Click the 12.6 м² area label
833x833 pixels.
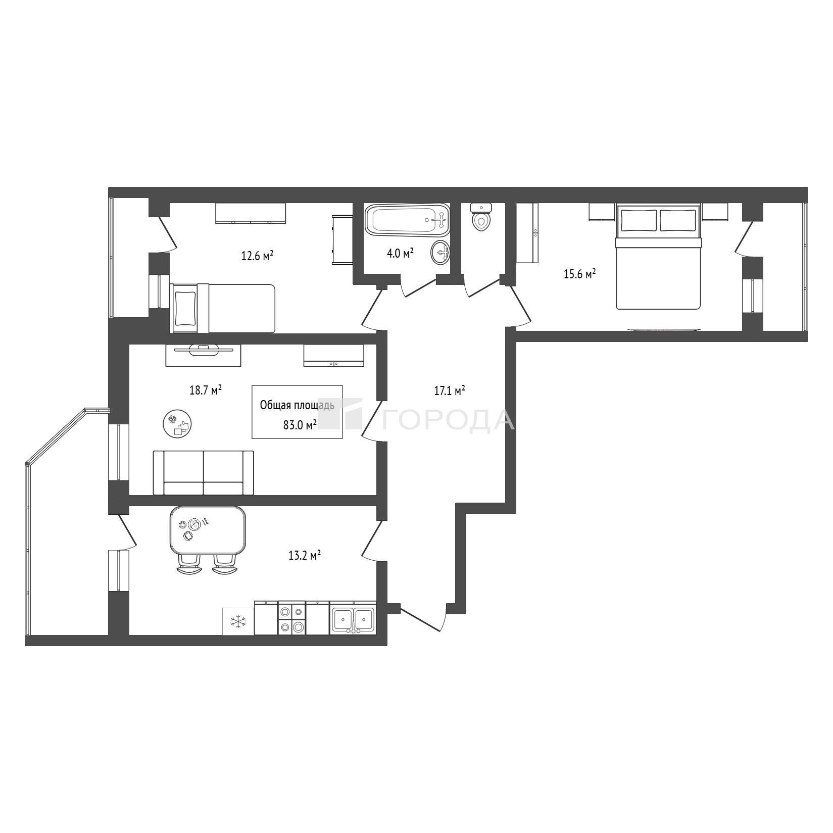(257, 256)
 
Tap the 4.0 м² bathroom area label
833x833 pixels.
(400, 253)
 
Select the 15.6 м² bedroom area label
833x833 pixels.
(579, 274)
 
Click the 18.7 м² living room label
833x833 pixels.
(206, 390)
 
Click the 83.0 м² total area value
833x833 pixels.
(300, 425)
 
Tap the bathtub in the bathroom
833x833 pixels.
(407, 220)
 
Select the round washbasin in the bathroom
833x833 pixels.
(440, 252)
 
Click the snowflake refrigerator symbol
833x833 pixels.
(238, 621)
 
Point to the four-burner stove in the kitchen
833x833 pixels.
(292, 618)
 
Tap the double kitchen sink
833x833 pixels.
(353, 618)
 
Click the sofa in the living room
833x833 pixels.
(204, 473)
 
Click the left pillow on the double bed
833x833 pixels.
(639, 220)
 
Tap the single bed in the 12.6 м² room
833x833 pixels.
(223, 308)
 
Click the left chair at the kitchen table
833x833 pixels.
(190, 564)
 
